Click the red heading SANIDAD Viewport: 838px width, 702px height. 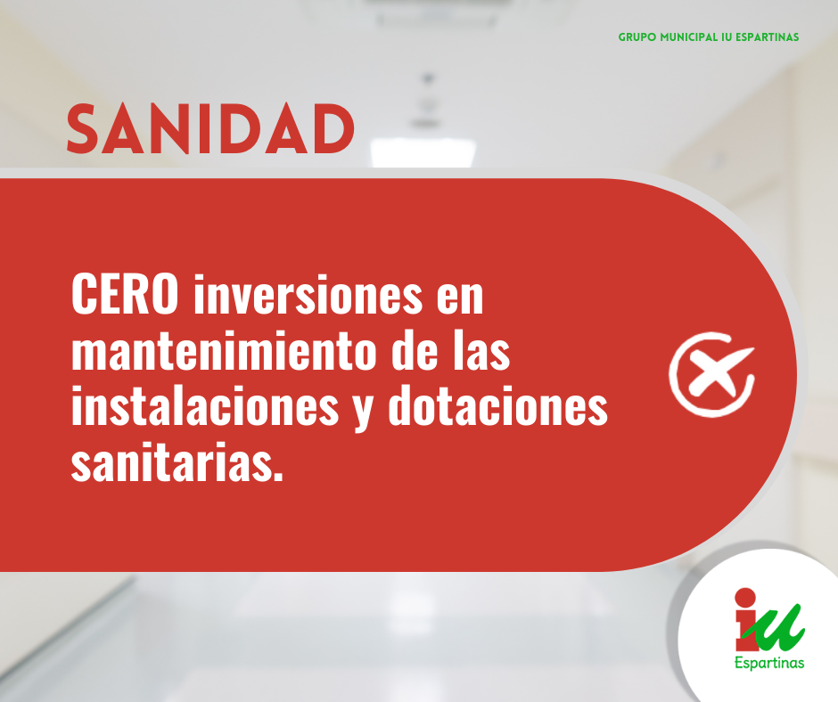point(210,129)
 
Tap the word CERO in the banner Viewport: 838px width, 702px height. point(125,294)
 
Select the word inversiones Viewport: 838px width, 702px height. point(308,294)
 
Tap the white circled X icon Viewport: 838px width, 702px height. point(711,374)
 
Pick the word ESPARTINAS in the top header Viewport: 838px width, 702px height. point(767,37)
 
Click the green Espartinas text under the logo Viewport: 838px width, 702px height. point(769,664)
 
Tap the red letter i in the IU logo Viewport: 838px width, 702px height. point(745,618)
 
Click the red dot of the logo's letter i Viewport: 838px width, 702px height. point(745,598)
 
